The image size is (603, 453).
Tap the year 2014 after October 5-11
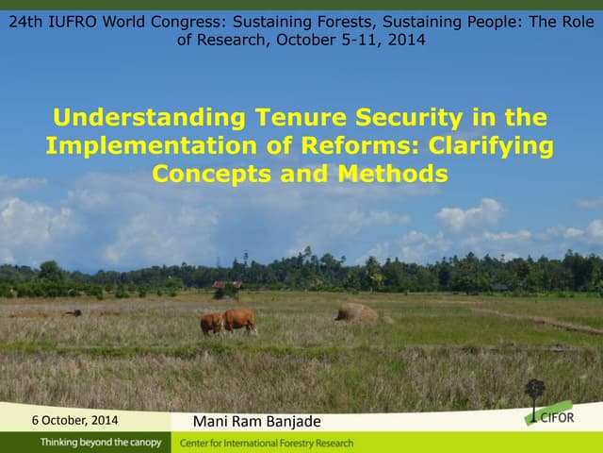click(x=406, y=40)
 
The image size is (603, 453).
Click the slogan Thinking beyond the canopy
click(x=100, y=443)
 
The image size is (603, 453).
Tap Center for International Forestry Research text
click(x=267, y=443)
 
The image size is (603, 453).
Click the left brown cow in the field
click(x=211, y=324)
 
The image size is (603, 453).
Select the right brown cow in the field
click(x=240, y=320)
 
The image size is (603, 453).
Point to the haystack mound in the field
click(x=357, y=312)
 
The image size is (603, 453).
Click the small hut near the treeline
click(x=226, y=286)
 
